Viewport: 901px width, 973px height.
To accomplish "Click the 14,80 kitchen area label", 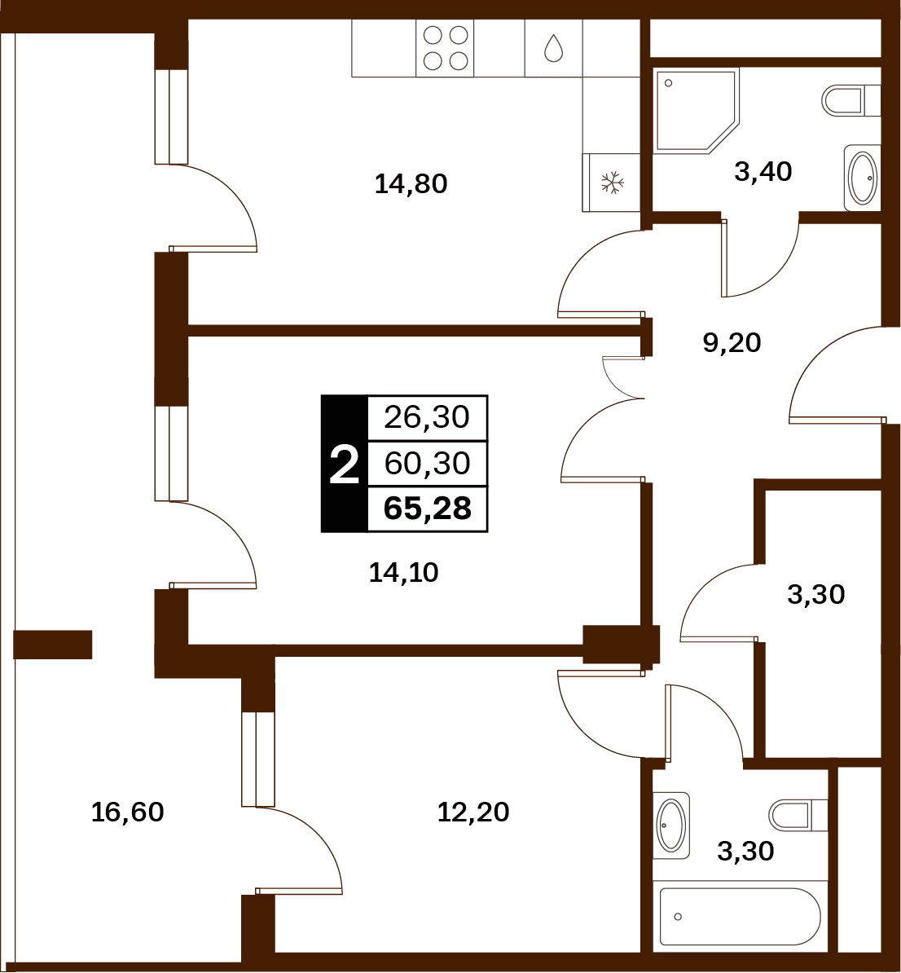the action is click(411, 184).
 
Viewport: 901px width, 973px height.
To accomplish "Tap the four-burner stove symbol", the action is click(445, 48).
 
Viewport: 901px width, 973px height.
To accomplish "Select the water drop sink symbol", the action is click(553, 48).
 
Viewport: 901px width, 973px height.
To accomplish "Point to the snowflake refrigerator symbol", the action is click(612, 183).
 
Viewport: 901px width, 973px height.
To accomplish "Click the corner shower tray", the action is click(697, 111).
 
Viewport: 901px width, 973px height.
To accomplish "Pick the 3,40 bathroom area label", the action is click(763, 172).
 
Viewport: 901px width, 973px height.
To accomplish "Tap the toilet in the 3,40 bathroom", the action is click(851, 100).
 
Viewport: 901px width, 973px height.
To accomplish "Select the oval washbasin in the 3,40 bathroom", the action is click(863, 178).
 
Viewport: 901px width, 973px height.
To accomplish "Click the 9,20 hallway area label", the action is click(732, 342).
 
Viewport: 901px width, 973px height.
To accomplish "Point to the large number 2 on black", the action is click(345, 465).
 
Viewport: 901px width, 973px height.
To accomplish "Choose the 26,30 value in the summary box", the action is click(427, 417).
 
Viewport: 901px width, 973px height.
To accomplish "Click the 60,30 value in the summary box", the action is click(427, 464).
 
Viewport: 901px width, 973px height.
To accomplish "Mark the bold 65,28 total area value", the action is click(428, 509).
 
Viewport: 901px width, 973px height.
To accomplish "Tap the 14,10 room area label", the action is click(403, 572).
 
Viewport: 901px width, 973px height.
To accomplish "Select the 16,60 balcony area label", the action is click(127, 812).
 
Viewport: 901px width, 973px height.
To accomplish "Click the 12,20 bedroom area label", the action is click(472, 812).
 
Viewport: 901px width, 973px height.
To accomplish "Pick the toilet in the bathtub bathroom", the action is click(798, 814).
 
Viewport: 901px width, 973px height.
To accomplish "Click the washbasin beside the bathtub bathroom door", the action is click(671, 826).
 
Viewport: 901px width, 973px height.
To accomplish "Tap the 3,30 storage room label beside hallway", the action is click(816, 594).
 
